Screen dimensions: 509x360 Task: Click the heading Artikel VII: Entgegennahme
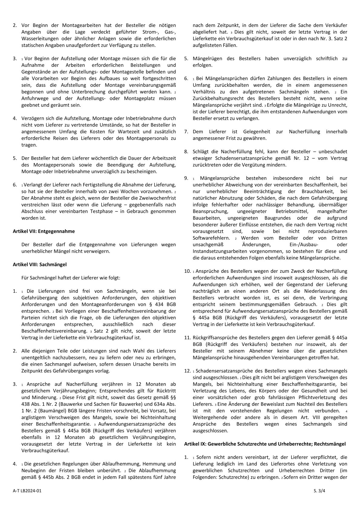click(44, 231)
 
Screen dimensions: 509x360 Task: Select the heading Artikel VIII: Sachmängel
click(40, 264)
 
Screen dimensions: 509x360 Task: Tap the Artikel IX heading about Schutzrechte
click(265, 444)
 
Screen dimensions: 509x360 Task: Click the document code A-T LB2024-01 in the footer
click(27, 491)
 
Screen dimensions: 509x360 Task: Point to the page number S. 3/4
click(341, 491)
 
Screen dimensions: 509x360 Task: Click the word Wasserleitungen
click(38, 39)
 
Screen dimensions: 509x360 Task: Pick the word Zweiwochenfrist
click(156, 198)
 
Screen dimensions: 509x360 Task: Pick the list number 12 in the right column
click(187, 371)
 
